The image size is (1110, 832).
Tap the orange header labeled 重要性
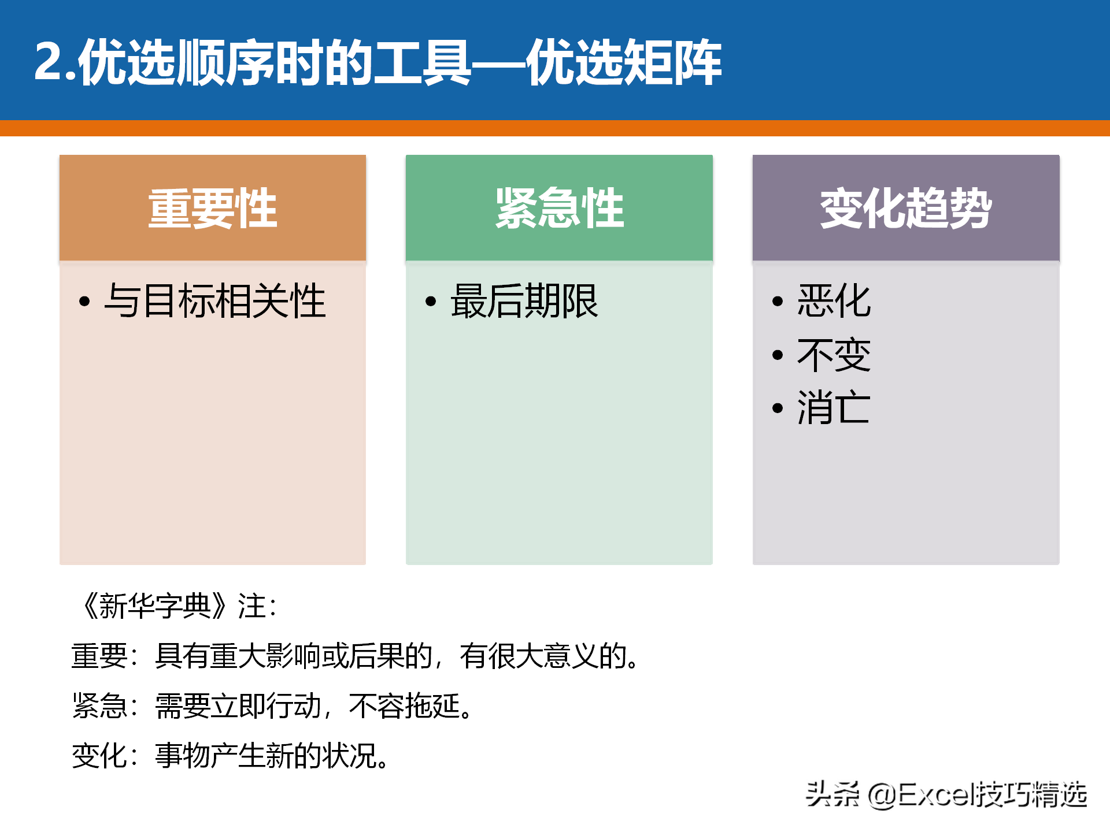coord(213,208)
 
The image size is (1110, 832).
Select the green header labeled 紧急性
coord(559,208)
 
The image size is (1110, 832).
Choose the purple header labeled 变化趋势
coord(906,208)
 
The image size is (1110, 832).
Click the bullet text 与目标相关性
coord(215,301)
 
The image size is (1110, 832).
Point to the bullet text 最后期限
coord(524,301)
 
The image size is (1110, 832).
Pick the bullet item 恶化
coord(834,301)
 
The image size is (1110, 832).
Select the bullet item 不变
coord(834,355)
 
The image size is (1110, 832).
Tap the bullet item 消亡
coord(834,408)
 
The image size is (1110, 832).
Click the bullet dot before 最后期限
coord(431,301)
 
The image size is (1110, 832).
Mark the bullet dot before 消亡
coord(778,408)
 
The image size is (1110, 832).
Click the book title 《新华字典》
coord(155,606)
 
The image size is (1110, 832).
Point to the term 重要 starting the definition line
coord(99,656)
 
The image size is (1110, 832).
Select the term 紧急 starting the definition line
coord(99,705)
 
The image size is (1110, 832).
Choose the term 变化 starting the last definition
coord(99,755)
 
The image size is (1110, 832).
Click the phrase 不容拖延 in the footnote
coord(404,705)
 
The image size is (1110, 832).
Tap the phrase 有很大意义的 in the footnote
coord(543,656)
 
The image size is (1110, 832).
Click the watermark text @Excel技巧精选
coord(978,794)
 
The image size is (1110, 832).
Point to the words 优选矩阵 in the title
coord(624,62)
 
